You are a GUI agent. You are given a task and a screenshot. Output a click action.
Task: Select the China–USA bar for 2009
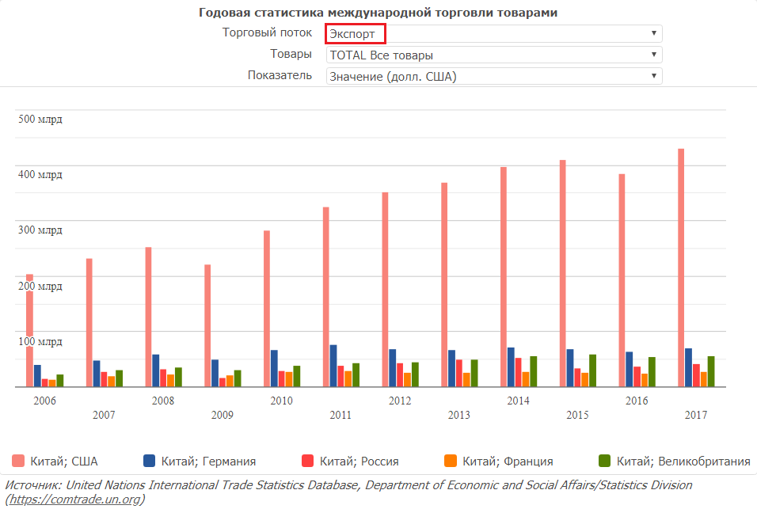tap(207, 325)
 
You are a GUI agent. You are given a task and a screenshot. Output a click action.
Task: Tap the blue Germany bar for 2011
tap(333, 366)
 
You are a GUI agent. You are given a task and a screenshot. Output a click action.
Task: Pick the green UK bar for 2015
tap(592, 370)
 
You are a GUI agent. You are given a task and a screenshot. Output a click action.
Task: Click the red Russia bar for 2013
tap(459, 373)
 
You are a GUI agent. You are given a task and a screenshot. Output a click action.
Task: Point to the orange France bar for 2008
tap(170, 380)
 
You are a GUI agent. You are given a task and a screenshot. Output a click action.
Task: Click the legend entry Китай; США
tap(55, 461)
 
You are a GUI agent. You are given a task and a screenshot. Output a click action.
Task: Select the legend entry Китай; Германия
tap(199, 461)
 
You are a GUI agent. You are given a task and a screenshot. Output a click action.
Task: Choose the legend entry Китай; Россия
tap(350, 461)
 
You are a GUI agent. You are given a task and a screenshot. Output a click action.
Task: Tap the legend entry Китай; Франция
tap(498, 461)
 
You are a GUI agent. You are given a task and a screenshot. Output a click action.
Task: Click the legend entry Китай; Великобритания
tap(674, 461)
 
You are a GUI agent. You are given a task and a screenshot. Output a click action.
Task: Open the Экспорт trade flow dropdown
tap(493, 33)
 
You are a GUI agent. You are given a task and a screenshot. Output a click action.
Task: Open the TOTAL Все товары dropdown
tap(493, 55)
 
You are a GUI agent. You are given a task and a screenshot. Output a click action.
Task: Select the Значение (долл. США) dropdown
tap(493, 76)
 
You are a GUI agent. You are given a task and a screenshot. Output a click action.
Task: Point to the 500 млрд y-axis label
tap(40, 120)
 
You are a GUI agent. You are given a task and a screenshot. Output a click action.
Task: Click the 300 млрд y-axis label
tap(40, 230)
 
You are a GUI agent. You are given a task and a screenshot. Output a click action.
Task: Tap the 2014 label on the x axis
tap(518, 401)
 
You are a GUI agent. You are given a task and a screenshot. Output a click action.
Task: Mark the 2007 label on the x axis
tap(104, 415)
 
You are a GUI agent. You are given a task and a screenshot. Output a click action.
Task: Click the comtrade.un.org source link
tap(74, 500)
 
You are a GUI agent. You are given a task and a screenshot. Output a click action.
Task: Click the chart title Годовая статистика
tap(378, 13)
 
